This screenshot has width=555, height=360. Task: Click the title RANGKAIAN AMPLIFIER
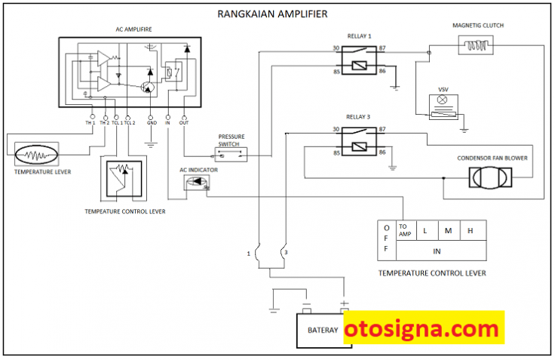click(x=272, y=14)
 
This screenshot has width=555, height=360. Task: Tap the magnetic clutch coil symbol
click(x=476, y=45)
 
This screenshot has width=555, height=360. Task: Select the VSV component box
click(x=443, y=107)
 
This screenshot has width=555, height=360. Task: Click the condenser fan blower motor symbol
click(x=490, y=177)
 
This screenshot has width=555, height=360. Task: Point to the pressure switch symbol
click(x=231, y=155)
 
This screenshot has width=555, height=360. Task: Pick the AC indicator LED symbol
click(x=197, y=182)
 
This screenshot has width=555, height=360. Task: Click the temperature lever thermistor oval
click(x=36, y=155)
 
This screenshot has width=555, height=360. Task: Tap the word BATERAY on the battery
click(x=323, y=331)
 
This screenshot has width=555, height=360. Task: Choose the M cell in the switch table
click(x=449, y=231)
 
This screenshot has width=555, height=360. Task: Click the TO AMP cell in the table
click(x=406, y=230)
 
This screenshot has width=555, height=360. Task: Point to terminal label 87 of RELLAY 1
click(x=382, y=48)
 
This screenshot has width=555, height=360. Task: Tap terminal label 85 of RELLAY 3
click(x=336, y=153)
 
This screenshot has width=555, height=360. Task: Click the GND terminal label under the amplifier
click(x=152, y=122)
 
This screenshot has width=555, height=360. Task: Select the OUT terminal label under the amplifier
click(x=184, y=122)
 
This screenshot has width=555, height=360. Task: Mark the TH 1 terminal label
click(x=90, y=122)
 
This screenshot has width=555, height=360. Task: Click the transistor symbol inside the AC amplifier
click(x=148, y=87)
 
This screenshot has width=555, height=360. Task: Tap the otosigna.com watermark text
click(x=422, y=328)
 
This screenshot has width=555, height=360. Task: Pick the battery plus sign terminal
click(x=344, y=303)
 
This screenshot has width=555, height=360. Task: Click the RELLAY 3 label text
click(x=358, y=117)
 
